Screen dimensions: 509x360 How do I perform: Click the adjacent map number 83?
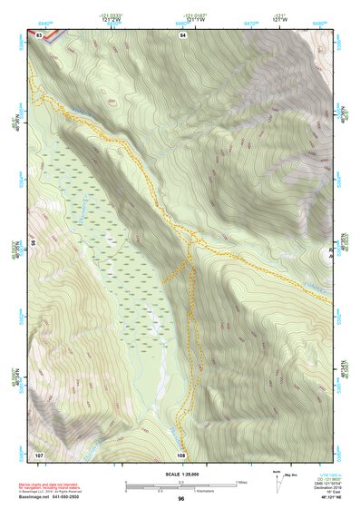coord(39,34)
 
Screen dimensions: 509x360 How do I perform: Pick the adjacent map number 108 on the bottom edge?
coord(181,454)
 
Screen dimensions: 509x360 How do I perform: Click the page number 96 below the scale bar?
coord(181,499)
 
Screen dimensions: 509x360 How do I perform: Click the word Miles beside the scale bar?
coord(241,482)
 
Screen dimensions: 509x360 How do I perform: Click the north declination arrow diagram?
coord(276,478)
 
